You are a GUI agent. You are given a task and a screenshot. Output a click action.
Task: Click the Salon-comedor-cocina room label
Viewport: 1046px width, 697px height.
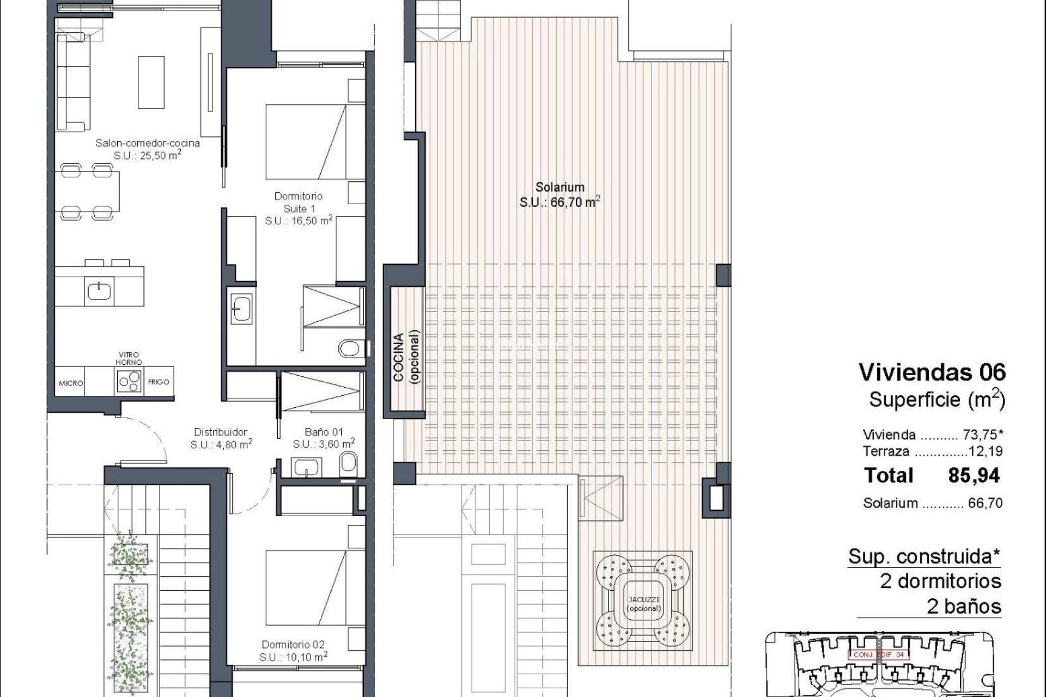point(147,143)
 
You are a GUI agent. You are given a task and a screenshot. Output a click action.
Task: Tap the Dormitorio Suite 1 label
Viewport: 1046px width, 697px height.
point(299,203)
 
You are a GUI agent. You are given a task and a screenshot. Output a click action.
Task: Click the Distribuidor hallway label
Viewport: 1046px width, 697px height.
point(221,432)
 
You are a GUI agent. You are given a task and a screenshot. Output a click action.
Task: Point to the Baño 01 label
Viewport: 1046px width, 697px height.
point(324,432)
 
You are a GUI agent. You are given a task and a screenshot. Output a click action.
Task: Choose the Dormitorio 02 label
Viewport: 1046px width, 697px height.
point(293,645)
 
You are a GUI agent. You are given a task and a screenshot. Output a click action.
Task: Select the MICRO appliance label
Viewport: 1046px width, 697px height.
point(71,383)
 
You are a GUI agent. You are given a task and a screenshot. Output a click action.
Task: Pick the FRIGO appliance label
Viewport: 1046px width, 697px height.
point(159,382)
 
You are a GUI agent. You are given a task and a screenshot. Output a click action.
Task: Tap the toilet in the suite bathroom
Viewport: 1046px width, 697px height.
point(349,347)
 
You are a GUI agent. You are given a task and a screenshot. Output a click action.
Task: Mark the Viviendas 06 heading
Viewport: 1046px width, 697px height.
point(932,373)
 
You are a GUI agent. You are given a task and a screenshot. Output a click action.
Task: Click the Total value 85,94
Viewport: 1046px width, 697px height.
point(974,476)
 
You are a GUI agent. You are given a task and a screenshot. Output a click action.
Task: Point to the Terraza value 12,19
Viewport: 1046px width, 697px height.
point(986,451)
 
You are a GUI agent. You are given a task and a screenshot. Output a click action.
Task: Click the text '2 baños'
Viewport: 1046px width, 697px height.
point(964,606)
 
